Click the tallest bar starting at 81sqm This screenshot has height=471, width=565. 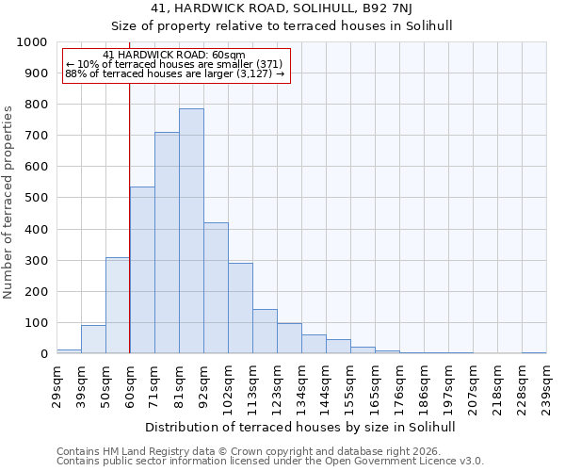point(191,231)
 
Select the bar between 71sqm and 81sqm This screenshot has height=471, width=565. point(167,243)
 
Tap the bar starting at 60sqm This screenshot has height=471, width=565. point(142,270)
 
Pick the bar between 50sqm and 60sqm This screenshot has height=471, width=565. point(118,305)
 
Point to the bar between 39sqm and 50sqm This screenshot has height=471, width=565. point(93,339)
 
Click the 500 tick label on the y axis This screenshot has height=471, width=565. point(36,198)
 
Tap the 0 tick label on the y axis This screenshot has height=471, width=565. point(44,354)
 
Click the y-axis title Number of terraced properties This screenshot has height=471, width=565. point(8,202)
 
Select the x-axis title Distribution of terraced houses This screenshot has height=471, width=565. point(301,427)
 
